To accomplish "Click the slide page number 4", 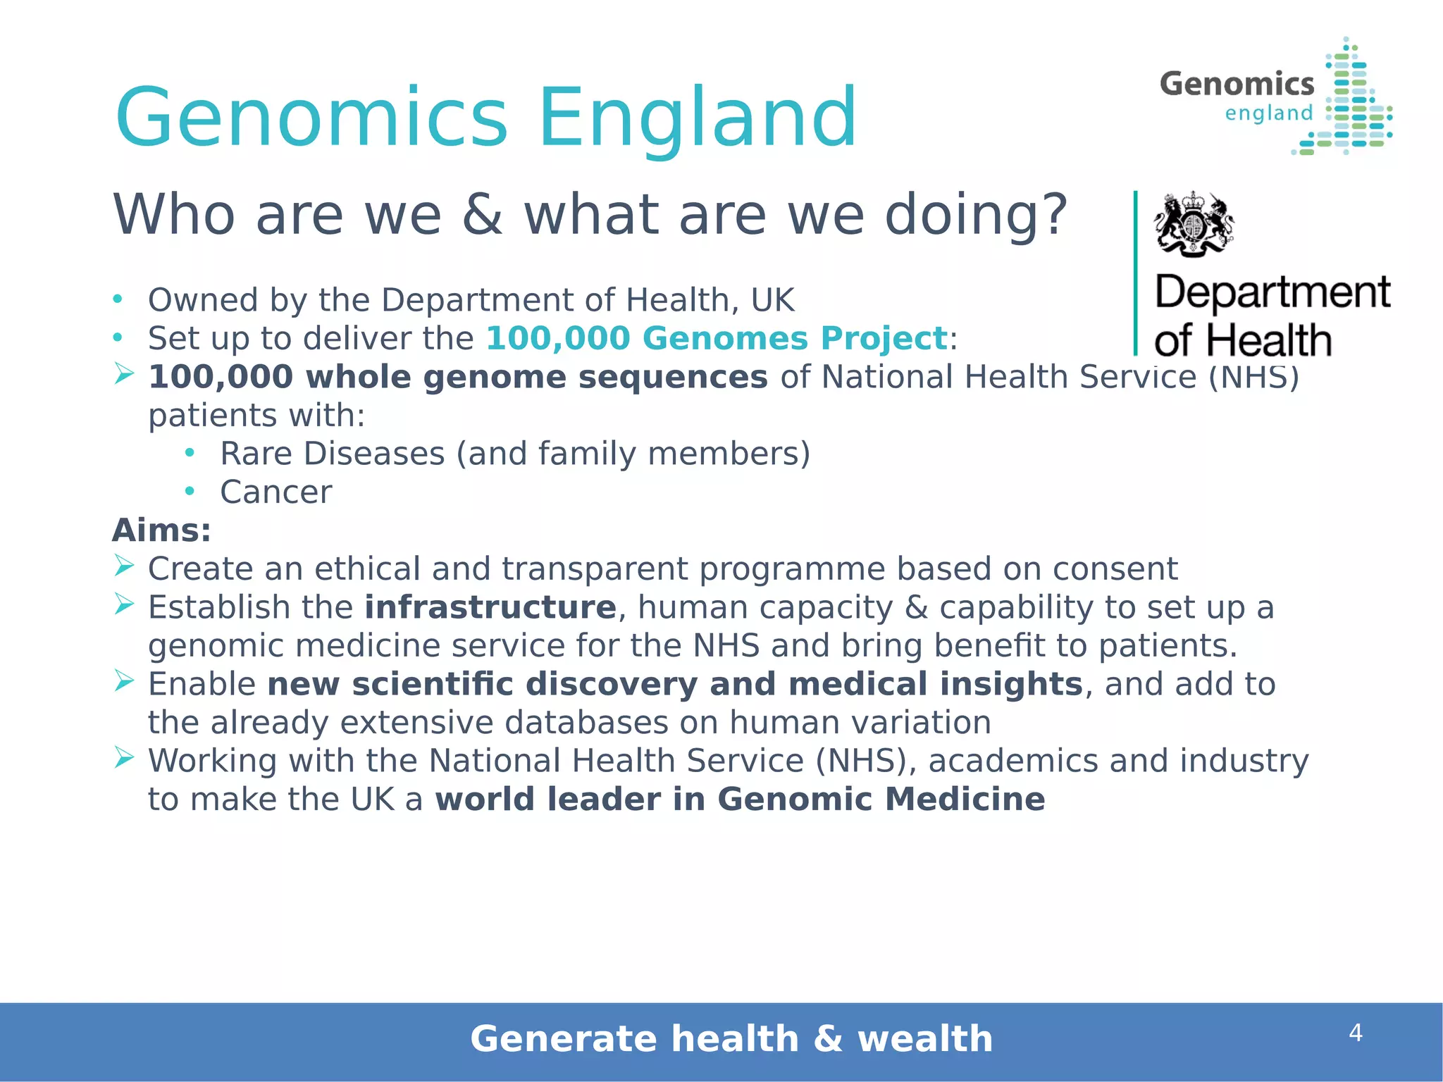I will pyautogui.click(x=1355, y=1033).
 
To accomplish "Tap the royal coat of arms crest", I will pyautogui.click(x=1194, y=224).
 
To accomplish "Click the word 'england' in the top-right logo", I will pyautogui.click(x=1269, y=113).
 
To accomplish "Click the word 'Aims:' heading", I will pyautogui.click(x=161, y=530).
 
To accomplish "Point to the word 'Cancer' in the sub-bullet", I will pyautogui.click(x=275, y=492).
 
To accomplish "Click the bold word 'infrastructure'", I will pyautogui.click(x=490, y=608).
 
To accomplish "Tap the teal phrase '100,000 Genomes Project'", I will pyautogui.click(x=716, y=338).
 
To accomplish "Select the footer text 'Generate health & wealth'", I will pyautogui.click(x=731, y=1039).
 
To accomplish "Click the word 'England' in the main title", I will pyautogui.click(x=698, y=118).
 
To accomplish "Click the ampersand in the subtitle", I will pyautogui.click(x=483, y=214).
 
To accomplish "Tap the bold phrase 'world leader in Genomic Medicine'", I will pyautogui.click(x=740, y=800).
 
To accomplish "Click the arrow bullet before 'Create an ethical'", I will pyautogui.click(x=124, y=565).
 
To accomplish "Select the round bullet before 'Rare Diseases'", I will pyautogui.click(x=189, y=453).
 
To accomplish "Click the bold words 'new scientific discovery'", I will pyautogui.click(x=482, y=685).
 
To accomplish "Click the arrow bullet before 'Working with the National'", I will pyautogui.click(x=124, y=757).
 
